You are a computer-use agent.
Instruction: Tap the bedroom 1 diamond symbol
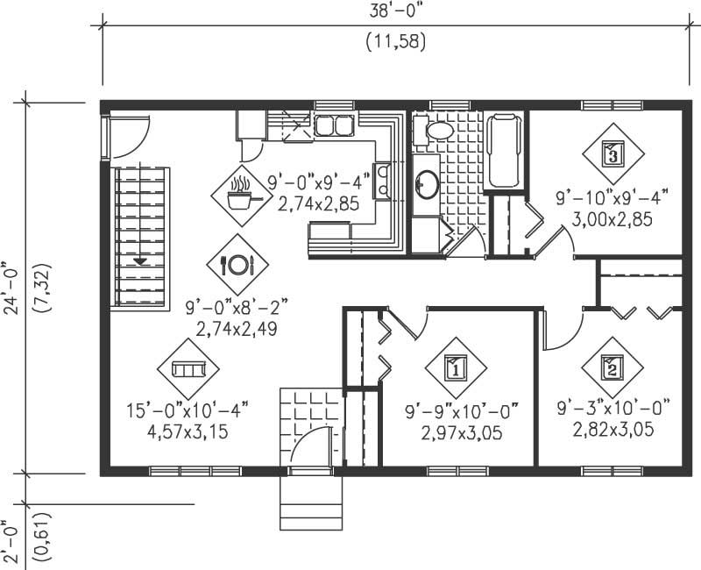455,368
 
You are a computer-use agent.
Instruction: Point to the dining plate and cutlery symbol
237,262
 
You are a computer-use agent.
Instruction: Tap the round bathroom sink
427,183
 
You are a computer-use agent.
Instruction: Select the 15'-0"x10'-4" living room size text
189,408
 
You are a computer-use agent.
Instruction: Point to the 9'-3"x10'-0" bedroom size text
613,408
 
